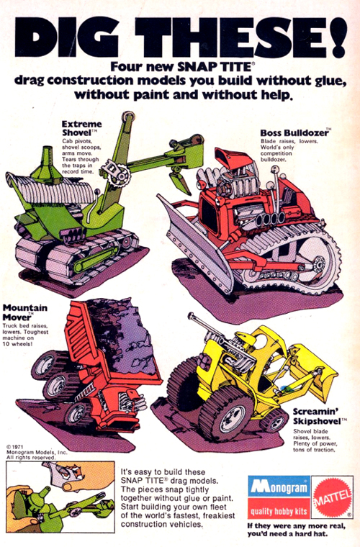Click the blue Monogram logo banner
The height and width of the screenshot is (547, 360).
point(279,487)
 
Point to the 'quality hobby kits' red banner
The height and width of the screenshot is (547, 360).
point(279,511)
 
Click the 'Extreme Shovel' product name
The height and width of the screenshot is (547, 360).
point(81,128)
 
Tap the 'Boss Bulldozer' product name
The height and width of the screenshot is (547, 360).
point(294,133)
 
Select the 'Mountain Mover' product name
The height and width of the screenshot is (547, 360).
point(24,312)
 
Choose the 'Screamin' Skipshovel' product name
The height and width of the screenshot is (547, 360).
point(316,417)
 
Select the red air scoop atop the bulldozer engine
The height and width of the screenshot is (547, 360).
point(234,159)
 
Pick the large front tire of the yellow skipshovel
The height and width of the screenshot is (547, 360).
point(225,410)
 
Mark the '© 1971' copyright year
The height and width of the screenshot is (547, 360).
point(14,446)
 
